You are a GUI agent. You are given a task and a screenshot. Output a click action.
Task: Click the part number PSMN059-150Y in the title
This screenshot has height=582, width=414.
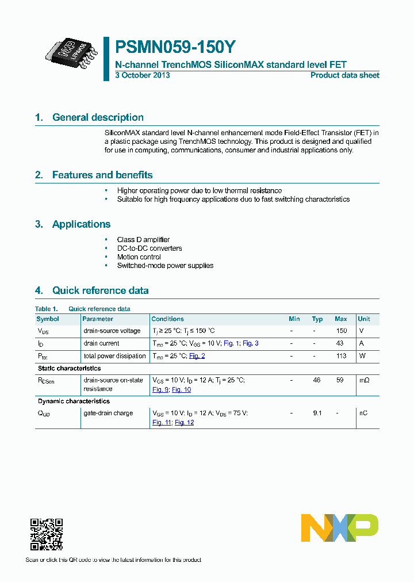pyautogui.click(x=175, y=47)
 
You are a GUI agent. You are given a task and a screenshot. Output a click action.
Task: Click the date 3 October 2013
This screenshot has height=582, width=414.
pyautogui.click(x=143, y=75)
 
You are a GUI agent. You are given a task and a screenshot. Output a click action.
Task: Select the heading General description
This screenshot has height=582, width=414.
pyautogui.click(x=98, y=117)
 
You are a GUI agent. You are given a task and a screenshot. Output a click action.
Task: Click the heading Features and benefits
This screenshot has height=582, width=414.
pyautogui.click(x=102, y=175)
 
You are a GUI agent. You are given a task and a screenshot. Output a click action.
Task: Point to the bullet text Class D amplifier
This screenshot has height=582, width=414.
pyautogui.click(x=143, y=239)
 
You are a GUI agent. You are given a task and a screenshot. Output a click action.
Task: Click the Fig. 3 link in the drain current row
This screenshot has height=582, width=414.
pyautogui.click(x=250, y=343)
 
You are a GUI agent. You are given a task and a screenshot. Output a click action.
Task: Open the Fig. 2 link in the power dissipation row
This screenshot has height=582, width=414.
pyautogui.click(x=197, y=356)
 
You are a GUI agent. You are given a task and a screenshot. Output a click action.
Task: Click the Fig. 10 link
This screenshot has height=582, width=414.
pyautogui.click(x=181, y=389)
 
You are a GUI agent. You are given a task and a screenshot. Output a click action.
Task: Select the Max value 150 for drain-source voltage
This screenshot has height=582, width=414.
pyautogui.click(x=341, y=331)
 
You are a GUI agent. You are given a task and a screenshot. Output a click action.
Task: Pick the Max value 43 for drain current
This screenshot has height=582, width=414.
pyautogui.click(x=341, y=343)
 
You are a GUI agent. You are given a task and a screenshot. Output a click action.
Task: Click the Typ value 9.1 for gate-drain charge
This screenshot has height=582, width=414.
pyautogui.click(x=317, y=413)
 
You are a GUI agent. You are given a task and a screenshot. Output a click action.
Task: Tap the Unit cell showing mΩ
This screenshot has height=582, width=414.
pyautogui.click(x=364, y=380)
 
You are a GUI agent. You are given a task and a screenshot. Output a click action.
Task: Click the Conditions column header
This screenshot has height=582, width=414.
pyautogui.click(x=167, y=319)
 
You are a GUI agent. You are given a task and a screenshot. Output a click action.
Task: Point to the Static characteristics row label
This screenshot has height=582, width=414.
pyautogui.click(x=69, y=368)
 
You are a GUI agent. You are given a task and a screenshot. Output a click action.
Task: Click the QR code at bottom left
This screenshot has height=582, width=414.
pyautogui.click(x=46, y=534)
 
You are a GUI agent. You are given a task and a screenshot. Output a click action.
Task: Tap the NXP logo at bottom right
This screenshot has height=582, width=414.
pyautogui.click(x=339, y=528)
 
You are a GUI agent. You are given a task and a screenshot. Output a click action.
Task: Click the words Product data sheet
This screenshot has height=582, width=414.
pyautogui.click(x=344, y=75)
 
